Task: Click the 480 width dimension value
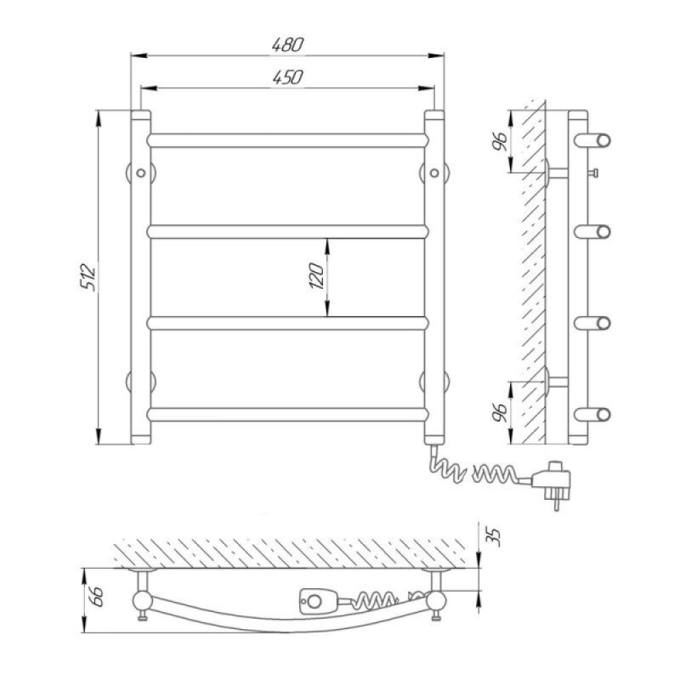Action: click(x=287, y=45)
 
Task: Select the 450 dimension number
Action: click(x=287, y=77)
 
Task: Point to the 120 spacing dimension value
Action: click(x=316, y=276)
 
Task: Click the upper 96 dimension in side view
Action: click(x=500, y=140)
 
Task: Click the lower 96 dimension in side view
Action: click(x=500, y=412)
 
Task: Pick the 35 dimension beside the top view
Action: click(x=495, y=537)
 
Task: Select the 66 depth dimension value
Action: click(x=95, y=597)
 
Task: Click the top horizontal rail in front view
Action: click(x=288, y=140)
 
